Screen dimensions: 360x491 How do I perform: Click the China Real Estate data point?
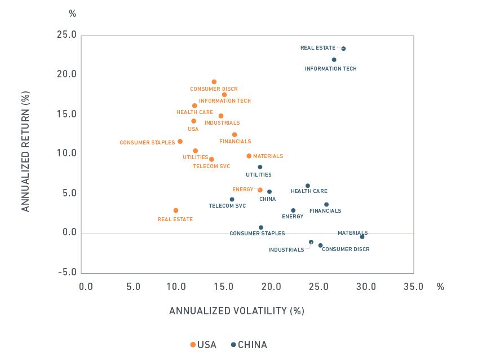(343, 49)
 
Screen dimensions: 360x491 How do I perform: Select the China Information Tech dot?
(334, 60)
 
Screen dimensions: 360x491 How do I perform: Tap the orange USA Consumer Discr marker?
(214, 82)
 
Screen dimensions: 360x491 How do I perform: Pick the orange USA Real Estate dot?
(176, 210)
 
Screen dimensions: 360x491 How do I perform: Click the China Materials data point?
(362, 237)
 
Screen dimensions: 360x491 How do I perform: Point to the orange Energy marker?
(260, 190)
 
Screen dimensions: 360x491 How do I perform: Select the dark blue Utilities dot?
(260, 167)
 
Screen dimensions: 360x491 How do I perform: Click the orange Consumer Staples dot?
(180, 142)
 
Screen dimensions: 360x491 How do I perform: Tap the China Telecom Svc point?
(232, 199)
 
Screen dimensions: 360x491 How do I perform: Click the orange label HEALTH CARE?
(194, 112)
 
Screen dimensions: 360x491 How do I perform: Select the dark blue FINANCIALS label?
(325, 211)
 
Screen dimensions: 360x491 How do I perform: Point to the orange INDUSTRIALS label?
(222, 123)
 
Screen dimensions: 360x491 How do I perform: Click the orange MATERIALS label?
(268, 156)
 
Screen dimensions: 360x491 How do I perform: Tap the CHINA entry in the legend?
(249, 345)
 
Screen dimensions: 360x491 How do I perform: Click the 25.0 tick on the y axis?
(67, 35)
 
